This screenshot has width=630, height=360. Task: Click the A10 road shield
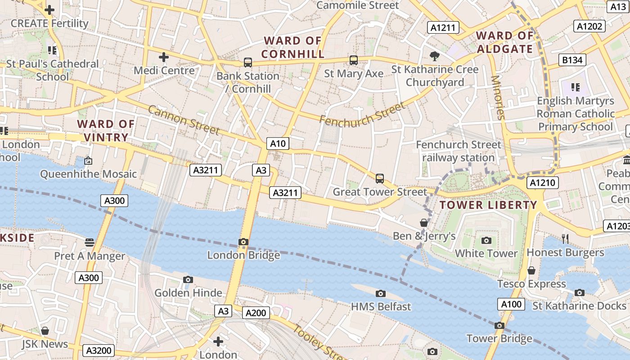coord(278,144)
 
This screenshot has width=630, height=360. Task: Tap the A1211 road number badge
coord(443,27)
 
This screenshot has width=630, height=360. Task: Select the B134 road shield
coord(572,60)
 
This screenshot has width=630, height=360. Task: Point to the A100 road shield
coord(511,304)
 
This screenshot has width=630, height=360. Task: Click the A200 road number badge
coord(256,313)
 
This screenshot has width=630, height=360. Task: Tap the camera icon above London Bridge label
coord(243,242)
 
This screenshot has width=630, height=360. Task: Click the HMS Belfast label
coord(381,306)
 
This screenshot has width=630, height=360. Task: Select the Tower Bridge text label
coord(499,338)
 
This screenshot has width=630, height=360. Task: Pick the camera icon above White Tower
coord(486,240)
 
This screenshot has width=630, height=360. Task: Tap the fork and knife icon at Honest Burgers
coord(565,238)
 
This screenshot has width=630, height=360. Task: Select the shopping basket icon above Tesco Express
coord(531,270)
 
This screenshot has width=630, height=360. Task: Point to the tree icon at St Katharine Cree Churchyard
coord(434,56)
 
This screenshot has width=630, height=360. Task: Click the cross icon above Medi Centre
coord(164,57)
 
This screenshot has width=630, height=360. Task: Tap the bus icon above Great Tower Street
coord(380,179)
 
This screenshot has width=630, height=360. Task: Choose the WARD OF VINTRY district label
coord(106,130)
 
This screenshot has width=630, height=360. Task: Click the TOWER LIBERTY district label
coord(488,205)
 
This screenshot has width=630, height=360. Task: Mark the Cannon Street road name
coord(183,120)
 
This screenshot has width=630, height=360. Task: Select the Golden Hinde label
coord(188,293)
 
